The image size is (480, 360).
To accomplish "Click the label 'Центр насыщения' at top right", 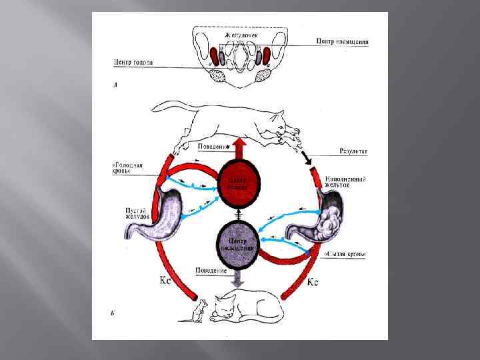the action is (342, 41).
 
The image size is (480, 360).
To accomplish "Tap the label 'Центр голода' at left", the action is (133, 63).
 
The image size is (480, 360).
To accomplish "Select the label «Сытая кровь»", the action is (345, 255).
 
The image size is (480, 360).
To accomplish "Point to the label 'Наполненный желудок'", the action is (345, 181).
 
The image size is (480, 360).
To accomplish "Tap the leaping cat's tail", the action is (163, 107).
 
